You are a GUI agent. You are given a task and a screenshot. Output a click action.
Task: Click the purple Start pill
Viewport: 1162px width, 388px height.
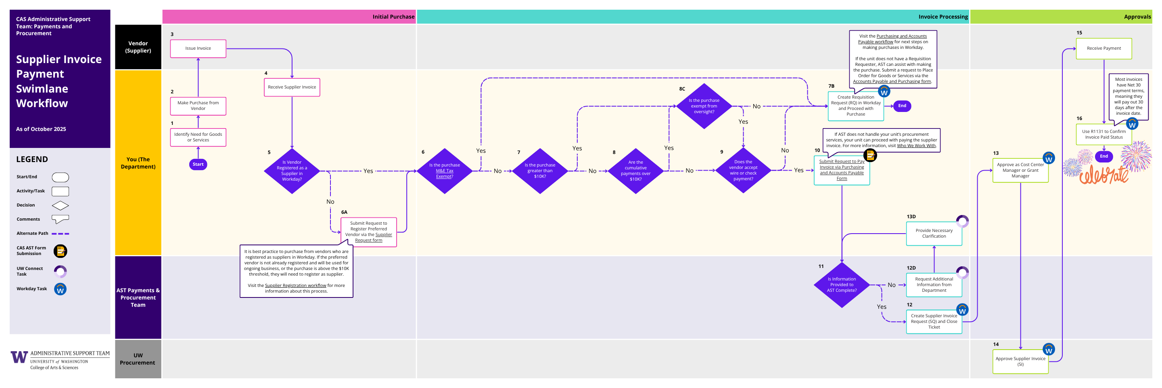coord(198,164)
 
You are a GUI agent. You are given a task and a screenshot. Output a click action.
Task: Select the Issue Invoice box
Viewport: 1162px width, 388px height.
coord(198,48)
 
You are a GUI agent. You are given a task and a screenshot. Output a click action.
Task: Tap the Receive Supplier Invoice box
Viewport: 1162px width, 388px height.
coord(292,87)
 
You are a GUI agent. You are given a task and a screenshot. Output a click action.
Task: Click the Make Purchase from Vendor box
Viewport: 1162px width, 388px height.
coord(198,106)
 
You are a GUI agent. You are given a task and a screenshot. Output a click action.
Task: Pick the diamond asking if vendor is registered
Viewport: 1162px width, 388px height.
coord(292,171)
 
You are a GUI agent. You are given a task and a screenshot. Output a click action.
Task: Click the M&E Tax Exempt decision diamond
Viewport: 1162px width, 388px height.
coord(444,171)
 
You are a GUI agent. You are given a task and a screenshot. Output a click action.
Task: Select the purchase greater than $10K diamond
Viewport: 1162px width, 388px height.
coord(540,171)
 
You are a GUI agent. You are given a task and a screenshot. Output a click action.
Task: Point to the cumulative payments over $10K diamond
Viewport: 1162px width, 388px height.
coord(635,171)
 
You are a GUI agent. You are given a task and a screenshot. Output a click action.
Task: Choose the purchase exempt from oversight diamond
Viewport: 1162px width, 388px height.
coord(704,106)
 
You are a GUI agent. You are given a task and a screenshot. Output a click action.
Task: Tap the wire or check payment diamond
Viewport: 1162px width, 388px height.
coord(743,170)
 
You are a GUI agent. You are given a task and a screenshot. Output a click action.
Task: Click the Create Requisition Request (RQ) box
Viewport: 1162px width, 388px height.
coord(856,106)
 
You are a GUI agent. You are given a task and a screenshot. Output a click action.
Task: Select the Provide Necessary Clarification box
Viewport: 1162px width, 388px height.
coord(934,234)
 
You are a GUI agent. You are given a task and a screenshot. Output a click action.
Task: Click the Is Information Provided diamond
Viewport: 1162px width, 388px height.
coord(842,285)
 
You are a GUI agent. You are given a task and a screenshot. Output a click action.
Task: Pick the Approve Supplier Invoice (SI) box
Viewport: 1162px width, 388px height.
coord(1020,361)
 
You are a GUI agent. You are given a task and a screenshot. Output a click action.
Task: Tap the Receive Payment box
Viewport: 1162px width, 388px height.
coord(1103,48)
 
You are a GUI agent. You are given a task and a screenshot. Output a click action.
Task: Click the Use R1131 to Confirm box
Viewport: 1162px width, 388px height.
coord(1103,135)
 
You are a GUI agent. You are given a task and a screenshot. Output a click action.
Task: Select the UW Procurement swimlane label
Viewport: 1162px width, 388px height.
coord(138,359)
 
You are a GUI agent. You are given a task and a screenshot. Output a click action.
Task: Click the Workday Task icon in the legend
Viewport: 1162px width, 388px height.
coord(60,289)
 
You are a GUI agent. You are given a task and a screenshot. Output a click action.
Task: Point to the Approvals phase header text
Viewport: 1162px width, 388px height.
coord(1137,17)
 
